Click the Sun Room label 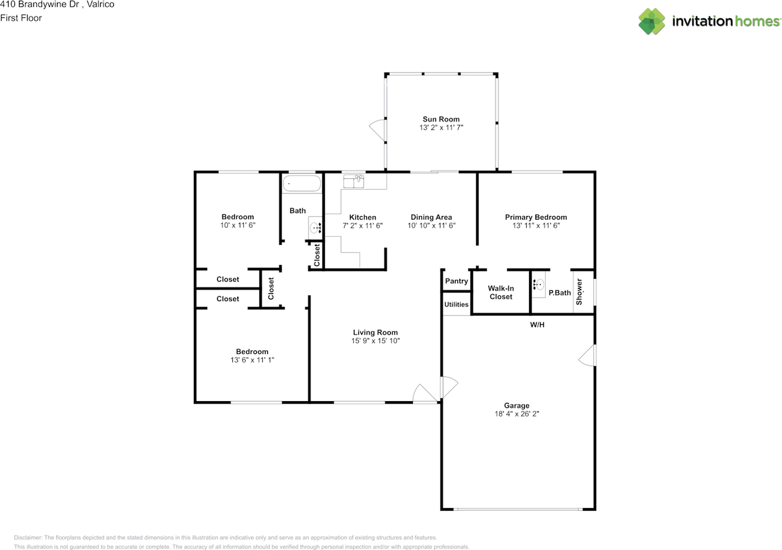coord(441,119)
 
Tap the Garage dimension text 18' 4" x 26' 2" coord(517,414)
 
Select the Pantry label coord(456,281)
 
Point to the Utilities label coord(456,305)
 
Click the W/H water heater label coord(537,325)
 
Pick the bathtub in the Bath coord(302,184)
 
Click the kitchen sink coord(354,181)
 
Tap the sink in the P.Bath coord(539,284)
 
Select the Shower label coord(579,292)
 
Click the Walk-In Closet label coord(500,292)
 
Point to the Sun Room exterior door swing coord(378,130)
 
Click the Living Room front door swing coord(425,393)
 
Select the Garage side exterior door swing coord(587,355)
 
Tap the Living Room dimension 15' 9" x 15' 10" coord(375,341)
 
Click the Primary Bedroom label coord(536,217)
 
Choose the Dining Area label coord(431,217)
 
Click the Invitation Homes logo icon coord(651,21)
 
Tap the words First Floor coord(21,18)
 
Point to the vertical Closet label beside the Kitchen coord(317,255)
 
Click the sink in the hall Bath coord(315,228)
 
